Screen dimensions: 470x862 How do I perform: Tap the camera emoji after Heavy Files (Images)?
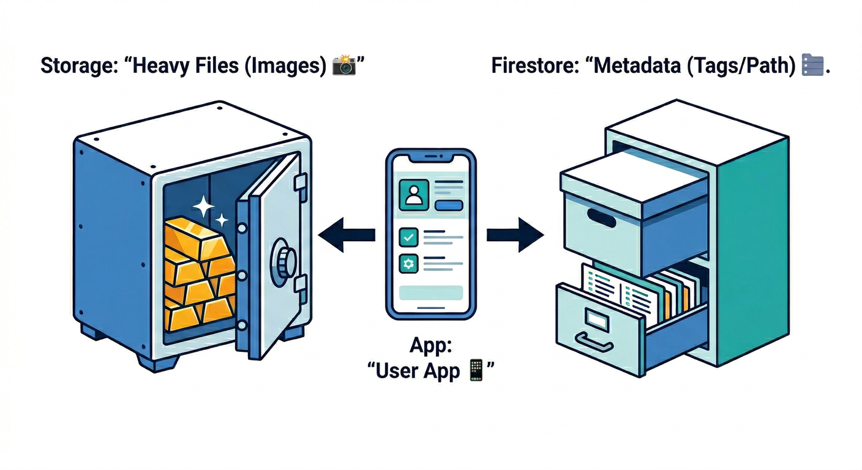[344, 65]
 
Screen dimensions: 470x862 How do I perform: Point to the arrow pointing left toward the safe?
[346, 234]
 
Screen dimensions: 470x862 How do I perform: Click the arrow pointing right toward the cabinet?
[515, 234]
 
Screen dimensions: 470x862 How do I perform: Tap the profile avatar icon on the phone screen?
[413, 195]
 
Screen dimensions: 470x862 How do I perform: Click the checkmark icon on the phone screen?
[407, 236]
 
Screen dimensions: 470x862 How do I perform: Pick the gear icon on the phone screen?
[407, 264]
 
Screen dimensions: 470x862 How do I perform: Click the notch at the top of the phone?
[430, 158]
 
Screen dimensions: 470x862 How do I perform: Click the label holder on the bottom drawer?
[596, 316]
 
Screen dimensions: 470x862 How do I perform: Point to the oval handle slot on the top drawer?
[601, 217]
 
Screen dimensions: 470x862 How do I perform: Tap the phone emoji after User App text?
[476, 371]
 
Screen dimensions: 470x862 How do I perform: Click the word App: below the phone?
[430, 346]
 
